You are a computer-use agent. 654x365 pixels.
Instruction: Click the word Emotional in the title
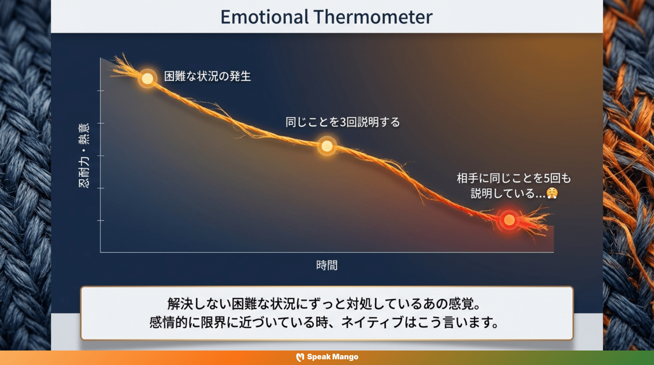[264, 17]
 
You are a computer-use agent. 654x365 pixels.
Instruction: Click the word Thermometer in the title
[373, 17]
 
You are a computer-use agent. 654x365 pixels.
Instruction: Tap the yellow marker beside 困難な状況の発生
[148, 78]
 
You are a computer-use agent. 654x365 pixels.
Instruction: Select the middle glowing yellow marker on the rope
[327, 146]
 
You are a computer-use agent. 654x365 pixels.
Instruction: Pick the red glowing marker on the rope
[509, 220]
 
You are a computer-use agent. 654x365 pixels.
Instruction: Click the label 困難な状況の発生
[207, 76]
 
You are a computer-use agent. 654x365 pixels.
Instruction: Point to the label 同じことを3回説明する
[342, 122]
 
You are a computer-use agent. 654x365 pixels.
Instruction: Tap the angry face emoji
[553, 193]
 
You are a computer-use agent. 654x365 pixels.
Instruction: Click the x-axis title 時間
[327, 265]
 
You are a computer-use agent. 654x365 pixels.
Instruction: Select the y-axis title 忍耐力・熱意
[84, 155]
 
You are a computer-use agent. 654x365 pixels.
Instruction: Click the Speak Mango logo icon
[300, 357]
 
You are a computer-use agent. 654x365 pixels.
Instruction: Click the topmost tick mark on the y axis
[101, 90]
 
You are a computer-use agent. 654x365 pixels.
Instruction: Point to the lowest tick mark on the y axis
[101, 220]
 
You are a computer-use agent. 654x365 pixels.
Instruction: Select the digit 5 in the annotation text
[546, 178]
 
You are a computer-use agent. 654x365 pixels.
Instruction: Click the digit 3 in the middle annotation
[343, 122]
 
